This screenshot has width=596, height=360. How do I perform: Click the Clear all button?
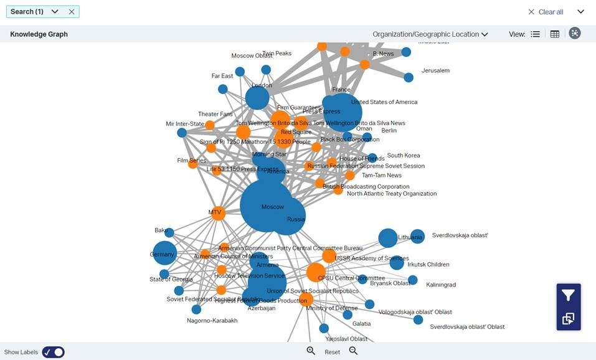point(546,12)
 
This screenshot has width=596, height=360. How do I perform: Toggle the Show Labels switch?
point(53,352)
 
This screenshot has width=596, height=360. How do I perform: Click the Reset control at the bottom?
point(332,352)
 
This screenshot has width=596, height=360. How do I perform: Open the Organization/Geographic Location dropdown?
point(430,34)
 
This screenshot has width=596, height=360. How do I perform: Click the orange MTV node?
point(217,213)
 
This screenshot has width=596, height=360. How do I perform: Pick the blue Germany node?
point(164,253)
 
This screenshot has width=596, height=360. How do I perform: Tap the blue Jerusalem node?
point(409,77)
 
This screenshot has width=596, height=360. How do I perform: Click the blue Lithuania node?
point(388,237)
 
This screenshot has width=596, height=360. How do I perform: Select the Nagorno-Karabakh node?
point(196,310)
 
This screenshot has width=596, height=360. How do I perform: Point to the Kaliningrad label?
point(441,285)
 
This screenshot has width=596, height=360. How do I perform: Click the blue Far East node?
point(223,89)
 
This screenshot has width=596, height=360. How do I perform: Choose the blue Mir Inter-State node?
point(182,133)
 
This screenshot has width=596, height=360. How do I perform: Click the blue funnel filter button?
point(568,295)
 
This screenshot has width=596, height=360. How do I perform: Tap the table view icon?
point(555,34)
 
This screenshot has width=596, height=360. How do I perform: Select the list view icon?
point(535,34)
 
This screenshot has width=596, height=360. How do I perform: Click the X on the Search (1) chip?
point(72,12)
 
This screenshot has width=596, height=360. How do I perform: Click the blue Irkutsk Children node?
point(397,263)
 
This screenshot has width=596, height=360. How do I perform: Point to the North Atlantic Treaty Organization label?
point(392,194)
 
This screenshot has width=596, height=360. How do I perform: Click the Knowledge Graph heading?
point(39,34)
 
